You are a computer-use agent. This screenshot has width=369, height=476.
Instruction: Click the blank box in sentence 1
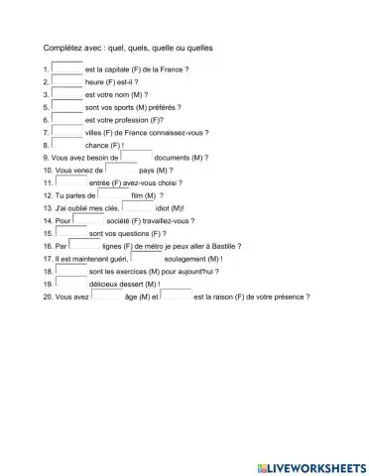pos(68,68)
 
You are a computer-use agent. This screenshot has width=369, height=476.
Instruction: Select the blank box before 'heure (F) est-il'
pos(68,80)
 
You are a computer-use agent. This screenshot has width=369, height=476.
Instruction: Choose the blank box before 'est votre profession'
pos(68,117)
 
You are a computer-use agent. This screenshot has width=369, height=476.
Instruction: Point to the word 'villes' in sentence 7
pos(97,132)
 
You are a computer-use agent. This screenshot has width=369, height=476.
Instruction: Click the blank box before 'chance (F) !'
pos(68,143)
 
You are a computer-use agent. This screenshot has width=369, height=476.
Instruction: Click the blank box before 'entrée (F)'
pos(71,181)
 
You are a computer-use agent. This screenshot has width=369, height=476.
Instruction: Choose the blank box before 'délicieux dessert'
pos(71,283)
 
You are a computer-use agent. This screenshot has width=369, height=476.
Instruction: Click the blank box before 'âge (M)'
pos(106,295)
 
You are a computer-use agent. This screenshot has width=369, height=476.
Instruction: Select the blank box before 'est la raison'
pos(177,295)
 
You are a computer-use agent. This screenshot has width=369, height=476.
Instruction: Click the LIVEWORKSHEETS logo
pos(310,466)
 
